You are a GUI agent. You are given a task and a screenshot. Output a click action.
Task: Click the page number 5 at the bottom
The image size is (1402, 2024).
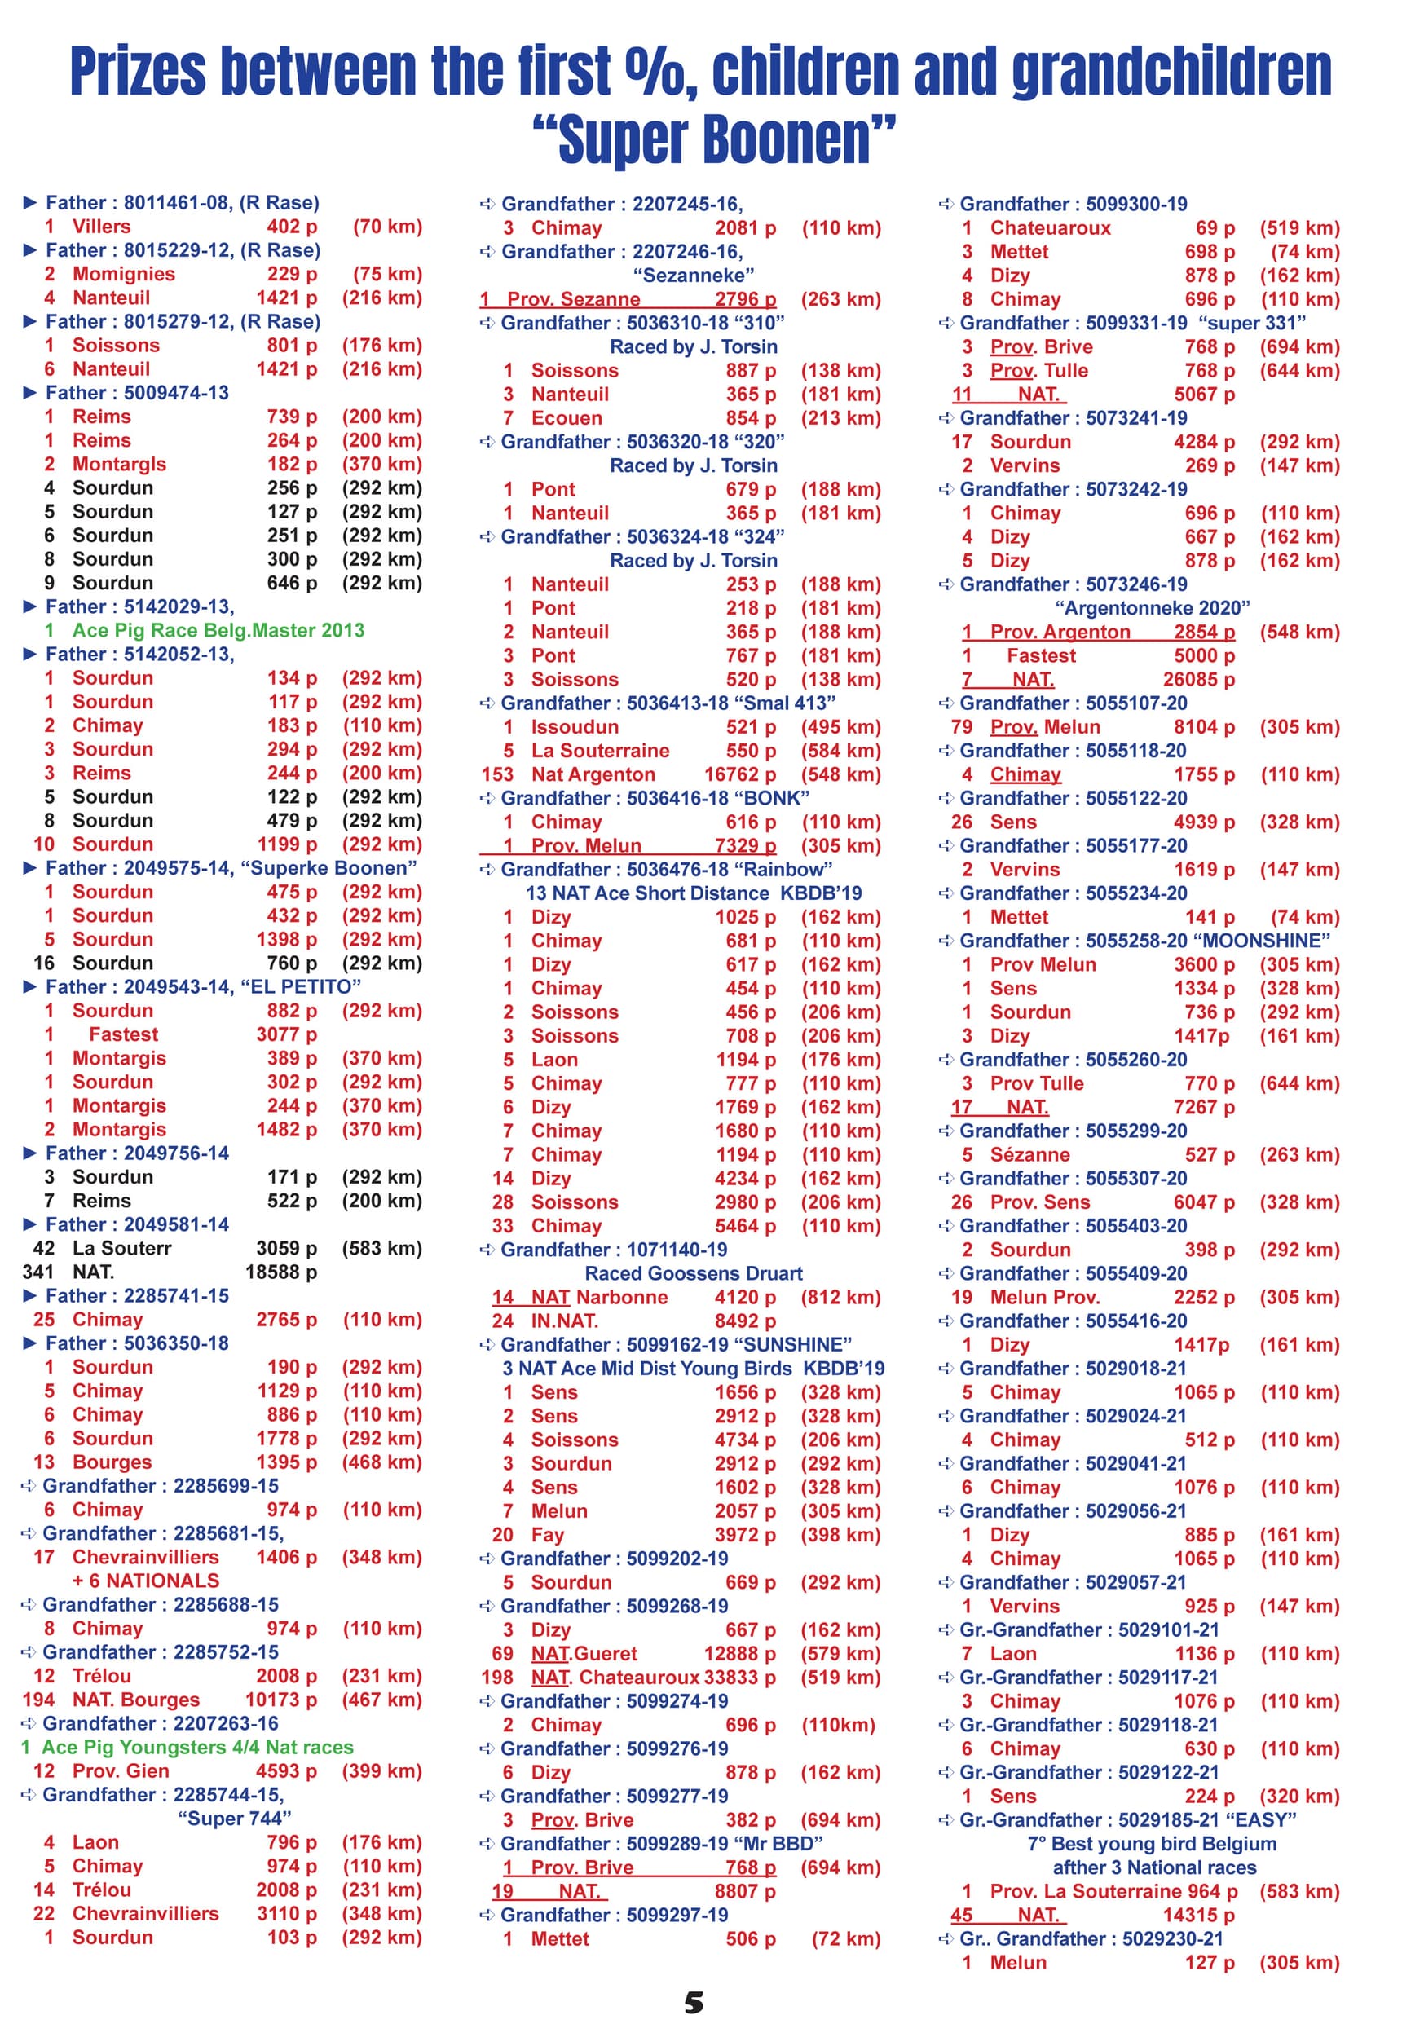point(694,2002)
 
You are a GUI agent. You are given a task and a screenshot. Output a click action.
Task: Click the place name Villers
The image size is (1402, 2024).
point(101,226)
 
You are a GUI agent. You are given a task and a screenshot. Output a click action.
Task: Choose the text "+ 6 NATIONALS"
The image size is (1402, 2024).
point(146,1581)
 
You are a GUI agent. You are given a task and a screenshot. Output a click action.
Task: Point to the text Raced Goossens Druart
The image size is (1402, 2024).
point(693,1273)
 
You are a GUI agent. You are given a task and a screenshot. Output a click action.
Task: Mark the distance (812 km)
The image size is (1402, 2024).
point(840,1297)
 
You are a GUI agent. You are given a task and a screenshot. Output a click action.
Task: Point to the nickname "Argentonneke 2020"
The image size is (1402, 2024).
point(1152,608)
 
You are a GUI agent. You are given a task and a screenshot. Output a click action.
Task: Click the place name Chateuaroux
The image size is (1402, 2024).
point(1050,227)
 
